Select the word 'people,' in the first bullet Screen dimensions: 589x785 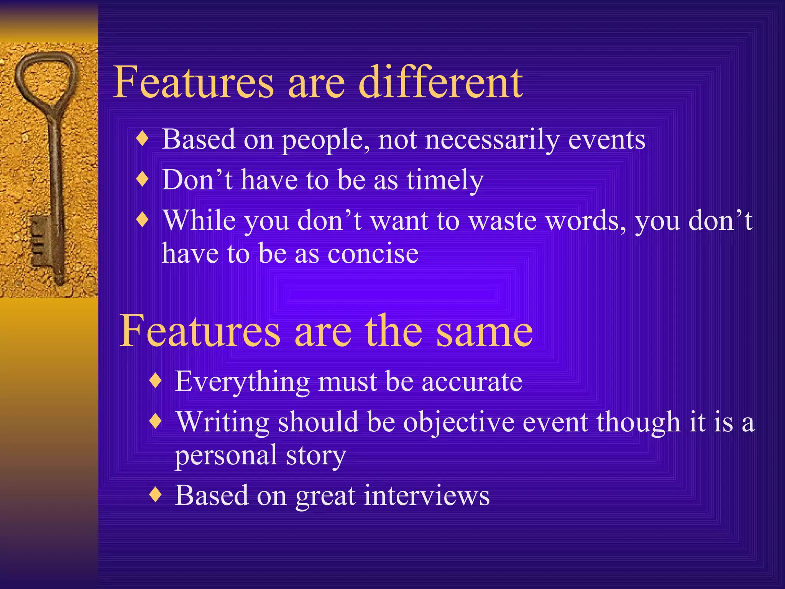coord(326,140)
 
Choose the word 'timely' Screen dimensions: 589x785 coord(445,180)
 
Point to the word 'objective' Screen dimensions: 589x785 coord(458,423)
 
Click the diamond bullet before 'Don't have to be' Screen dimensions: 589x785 coord(142,179)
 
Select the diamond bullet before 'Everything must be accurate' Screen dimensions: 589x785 coord(155,381)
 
